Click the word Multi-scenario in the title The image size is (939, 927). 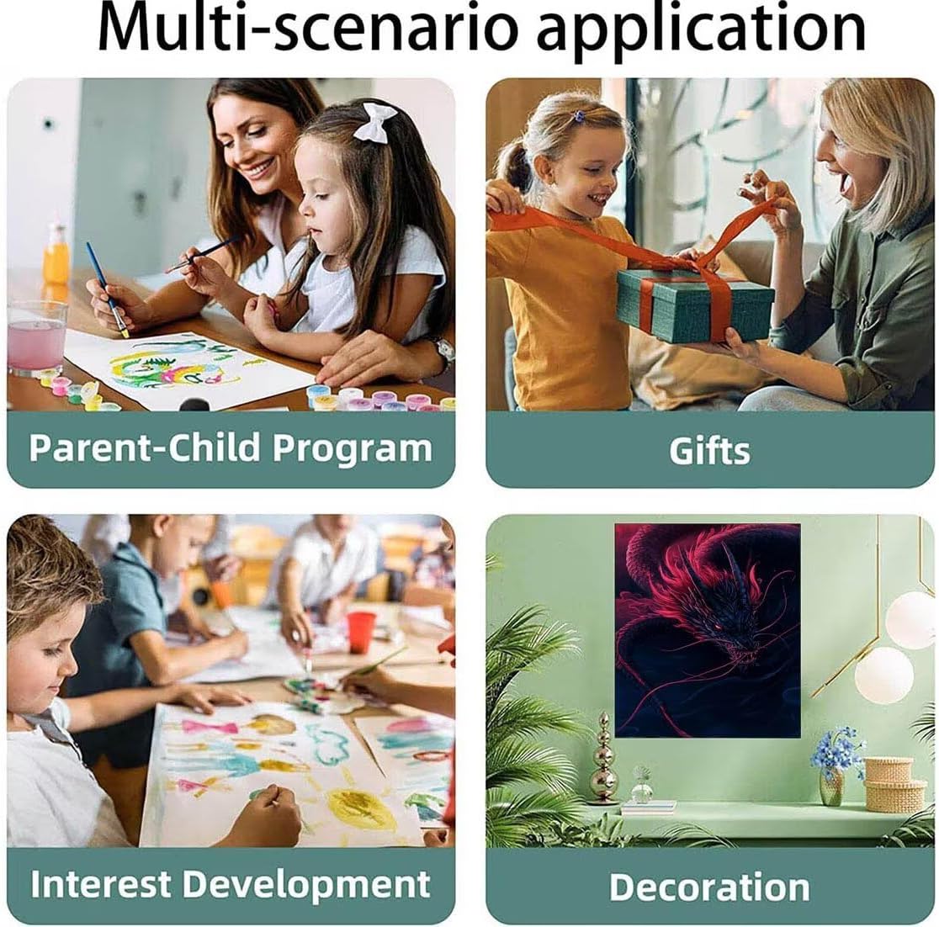[307, 28]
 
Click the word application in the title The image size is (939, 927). [701, 31]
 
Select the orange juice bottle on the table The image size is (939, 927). [56, 254]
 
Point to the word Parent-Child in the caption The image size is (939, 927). [144, 448]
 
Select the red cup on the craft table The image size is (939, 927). [361, 632]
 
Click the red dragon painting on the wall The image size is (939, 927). [708, 630]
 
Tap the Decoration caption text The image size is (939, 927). [709, 887]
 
